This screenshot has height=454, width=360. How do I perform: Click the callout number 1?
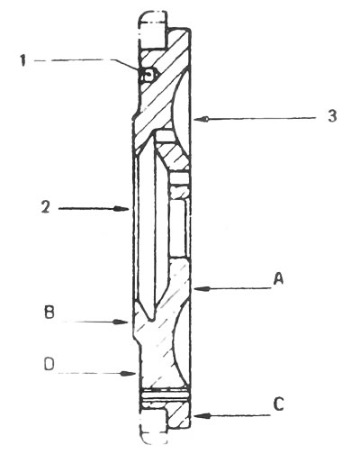point(23,60)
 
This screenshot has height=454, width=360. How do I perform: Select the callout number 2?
point(45,207)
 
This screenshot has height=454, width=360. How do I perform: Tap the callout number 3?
point(332,116)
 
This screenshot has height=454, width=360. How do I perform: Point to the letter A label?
point(278,278)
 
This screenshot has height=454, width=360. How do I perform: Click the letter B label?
point(49,312)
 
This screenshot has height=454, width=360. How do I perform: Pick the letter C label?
point(279,404)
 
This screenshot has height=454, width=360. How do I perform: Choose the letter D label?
point(49,365)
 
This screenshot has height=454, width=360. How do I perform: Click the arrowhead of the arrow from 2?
point(123,208)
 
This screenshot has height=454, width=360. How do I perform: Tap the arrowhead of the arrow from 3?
point(201,119)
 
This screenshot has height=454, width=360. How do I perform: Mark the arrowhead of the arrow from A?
point(201,289)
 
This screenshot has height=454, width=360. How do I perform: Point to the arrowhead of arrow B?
point(121,322)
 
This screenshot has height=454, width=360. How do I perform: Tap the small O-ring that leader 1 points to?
point(148,74)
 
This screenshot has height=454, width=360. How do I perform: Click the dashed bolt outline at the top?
point(152,30)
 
